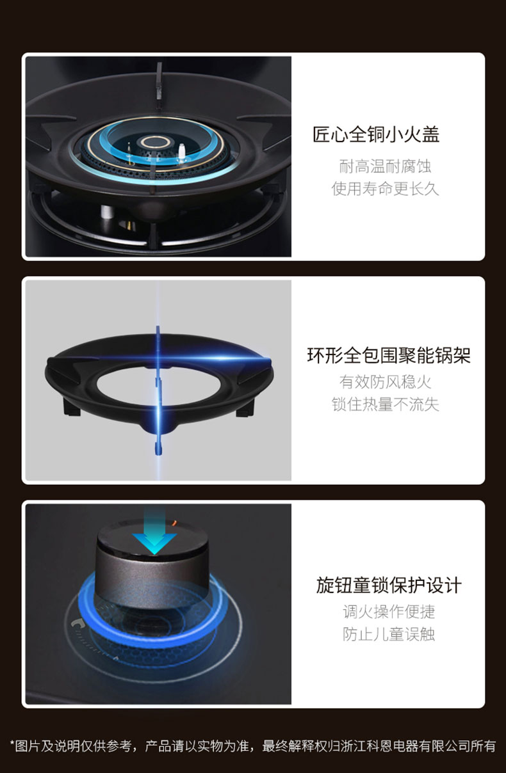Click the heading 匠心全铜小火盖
coord(376,134)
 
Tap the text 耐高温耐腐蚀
coord(385,166)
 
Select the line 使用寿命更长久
coord(385,189)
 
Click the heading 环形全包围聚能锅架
coord(389,355)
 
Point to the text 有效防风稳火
coord(385,382)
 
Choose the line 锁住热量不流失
coord(385,404)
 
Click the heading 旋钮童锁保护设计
coord(389,586)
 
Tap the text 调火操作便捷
coord(389,612)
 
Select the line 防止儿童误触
coord(389,634)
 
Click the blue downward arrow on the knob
coord(154,533)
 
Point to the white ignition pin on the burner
coord(181,151)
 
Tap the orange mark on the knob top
coord(174,523)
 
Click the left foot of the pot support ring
coord(72,407)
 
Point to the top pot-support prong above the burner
coord(159,81)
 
